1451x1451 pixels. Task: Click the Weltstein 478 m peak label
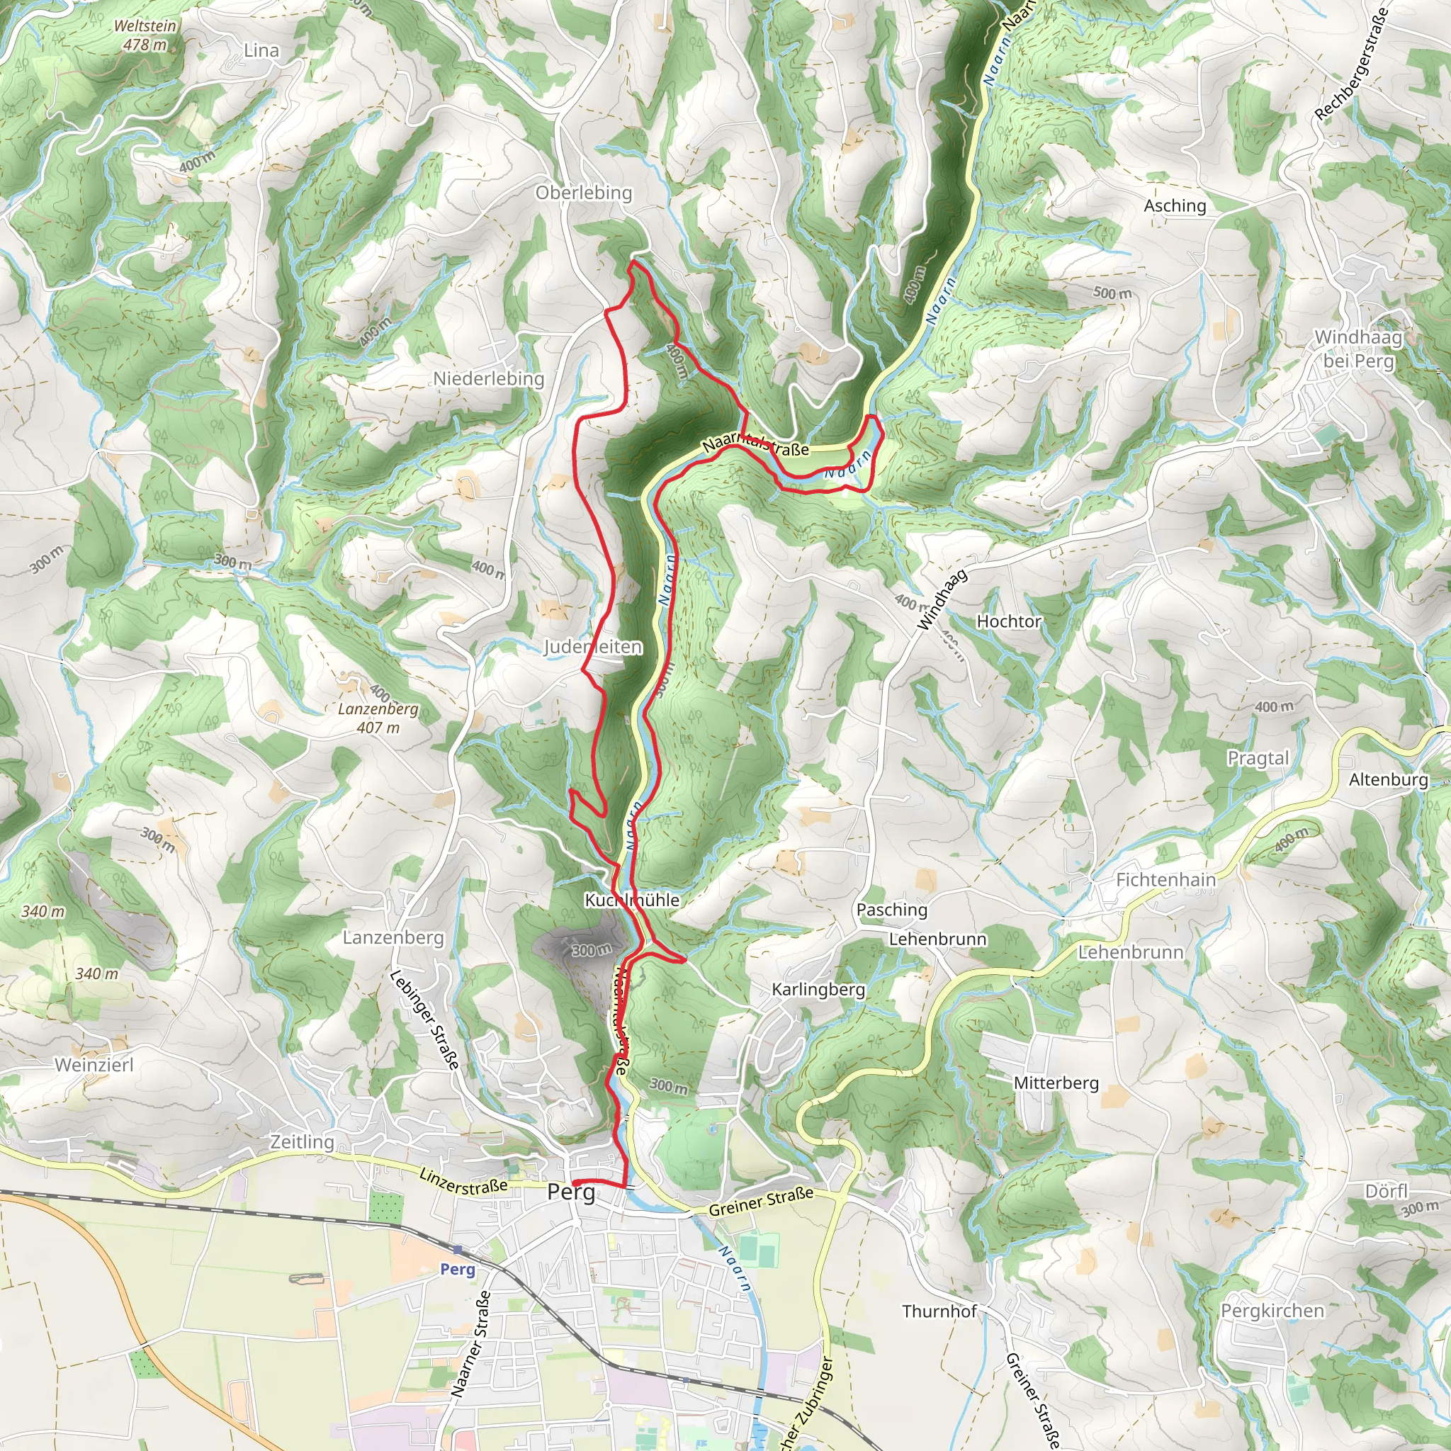pos(145,35)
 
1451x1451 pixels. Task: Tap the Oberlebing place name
pos(584,192)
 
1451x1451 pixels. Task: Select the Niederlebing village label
pos(488,378)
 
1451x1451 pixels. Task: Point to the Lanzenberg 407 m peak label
pos(378,718)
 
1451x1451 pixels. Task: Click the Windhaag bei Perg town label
pos(1358,349)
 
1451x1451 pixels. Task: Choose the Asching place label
pos(1175,205)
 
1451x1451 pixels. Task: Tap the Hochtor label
pos(1009,621)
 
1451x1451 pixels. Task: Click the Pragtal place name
pos(1258,758)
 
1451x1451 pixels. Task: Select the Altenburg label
pos(1388,779)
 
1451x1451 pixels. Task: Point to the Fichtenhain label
pos(1165,879)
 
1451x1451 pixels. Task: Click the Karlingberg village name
pos(818,989)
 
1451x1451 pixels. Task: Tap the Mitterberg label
pos(1056,1083)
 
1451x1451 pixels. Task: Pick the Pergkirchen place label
pos(1272,1311)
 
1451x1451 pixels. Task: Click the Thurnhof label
pos(939,1311)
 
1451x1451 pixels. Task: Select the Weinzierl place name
pos(94,1065)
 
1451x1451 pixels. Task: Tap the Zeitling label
pos(302,1141)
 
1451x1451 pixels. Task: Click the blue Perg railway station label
pos(458,1269)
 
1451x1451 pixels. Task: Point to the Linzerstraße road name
pos(463,1181)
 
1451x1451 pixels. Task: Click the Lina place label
pos(261,50)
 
